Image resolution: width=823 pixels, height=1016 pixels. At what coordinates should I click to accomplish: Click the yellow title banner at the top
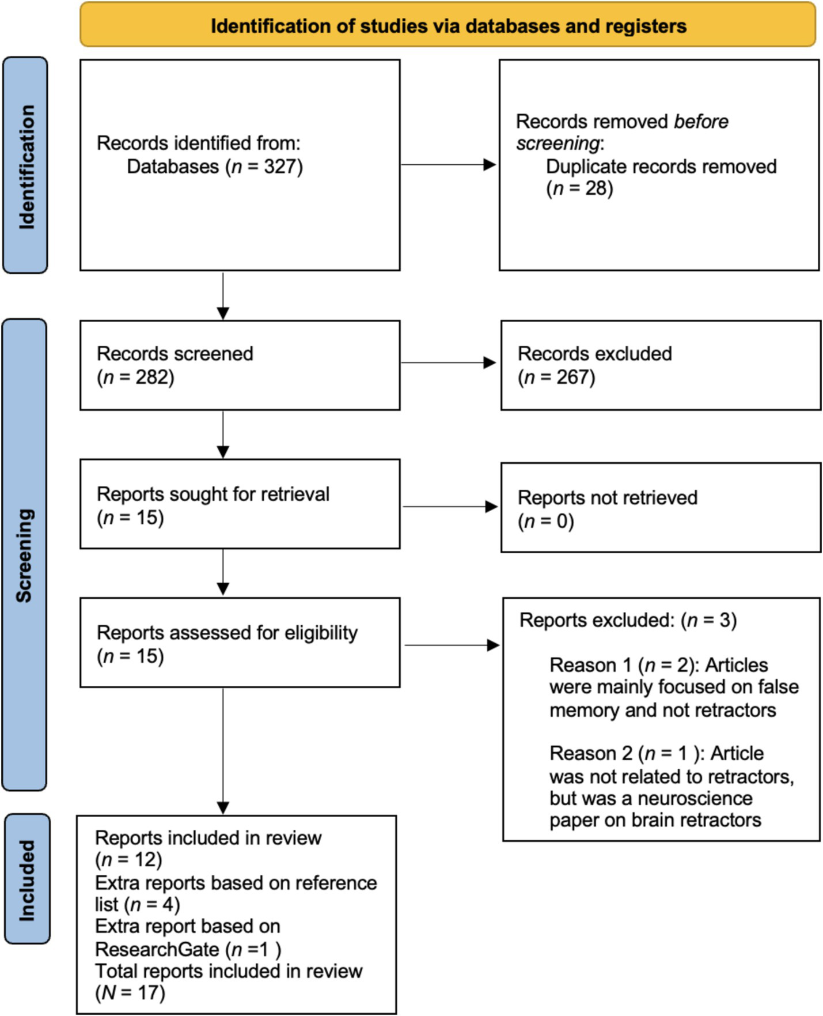447,25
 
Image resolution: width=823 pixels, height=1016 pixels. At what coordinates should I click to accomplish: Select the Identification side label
26,166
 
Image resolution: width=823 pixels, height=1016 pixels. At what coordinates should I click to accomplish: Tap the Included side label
26,879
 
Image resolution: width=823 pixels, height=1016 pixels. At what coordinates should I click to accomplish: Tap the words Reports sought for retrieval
213,494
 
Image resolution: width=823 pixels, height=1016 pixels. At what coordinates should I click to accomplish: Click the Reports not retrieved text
607,497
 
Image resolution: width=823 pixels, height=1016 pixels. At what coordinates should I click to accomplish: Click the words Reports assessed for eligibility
227,633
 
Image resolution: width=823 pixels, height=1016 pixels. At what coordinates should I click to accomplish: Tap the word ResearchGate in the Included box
157,949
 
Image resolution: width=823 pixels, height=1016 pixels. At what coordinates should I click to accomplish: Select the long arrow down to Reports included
223,749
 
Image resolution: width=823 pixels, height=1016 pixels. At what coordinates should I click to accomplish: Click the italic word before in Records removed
701,122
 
